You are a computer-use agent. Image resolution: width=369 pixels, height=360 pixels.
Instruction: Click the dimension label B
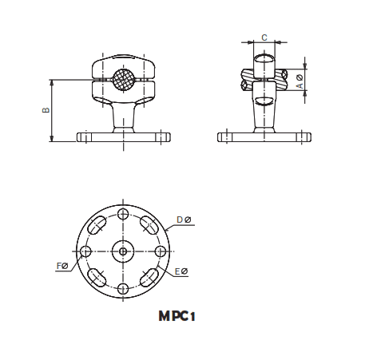pyautogui.click(x=46, y=110)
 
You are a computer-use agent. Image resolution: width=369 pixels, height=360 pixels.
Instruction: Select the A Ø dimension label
pyautogui.click(x=300, y=80)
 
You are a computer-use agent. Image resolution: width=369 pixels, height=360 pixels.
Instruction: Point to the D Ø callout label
pyautogui.click(x=183, y=219)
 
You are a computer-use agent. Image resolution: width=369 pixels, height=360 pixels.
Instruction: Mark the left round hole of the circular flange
pyautogui.click(x=85, y=251)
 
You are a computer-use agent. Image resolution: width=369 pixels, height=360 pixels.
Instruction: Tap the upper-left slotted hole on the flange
pyautogui.click(x=97, y=225)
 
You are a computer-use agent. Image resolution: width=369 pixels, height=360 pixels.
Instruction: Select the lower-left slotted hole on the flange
pyautogui.click(x=97, y=277)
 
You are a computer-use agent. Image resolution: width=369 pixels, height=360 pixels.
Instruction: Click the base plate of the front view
pyautogui.click(x=123, y=137)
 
